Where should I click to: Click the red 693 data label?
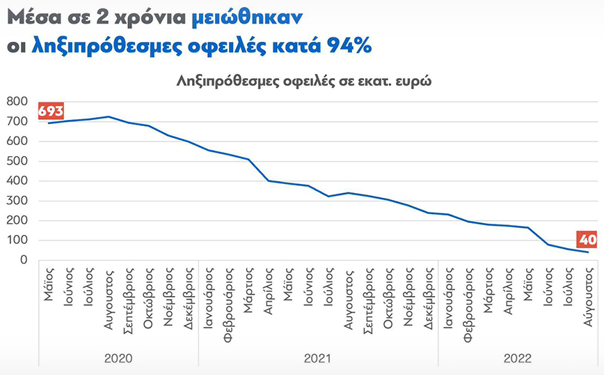pos(50,111)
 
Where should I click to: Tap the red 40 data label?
pos(587,239)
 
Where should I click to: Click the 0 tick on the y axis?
pos(23,260)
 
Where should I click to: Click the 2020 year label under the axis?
pos(118,358)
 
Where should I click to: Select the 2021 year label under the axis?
pos(317,358)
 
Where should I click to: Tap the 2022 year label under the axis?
pos(517,358)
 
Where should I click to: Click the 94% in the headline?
pos(346,46)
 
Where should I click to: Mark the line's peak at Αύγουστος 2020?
pos(109,116)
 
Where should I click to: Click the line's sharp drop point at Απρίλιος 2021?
pos(269,181)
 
